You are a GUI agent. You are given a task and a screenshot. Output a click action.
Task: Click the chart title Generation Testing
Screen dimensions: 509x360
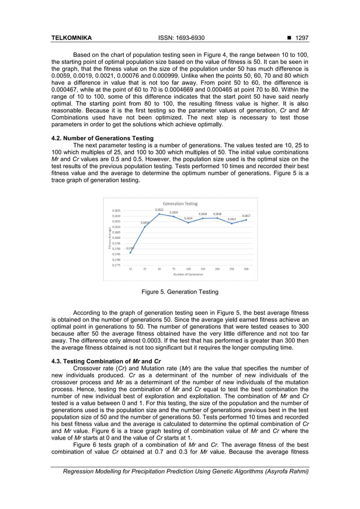point(179,203)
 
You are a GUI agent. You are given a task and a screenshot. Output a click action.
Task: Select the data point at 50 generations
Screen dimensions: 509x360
point(159,214)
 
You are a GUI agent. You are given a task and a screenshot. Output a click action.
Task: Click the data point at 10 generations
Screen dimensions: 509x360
point(130,252)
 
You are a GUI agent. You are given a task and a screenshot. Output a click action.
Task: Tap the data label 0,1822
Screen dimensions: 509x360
point(159,209)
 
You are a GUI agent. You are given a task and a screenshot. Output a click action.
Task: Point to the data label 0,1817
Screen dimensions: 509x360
point(247,216)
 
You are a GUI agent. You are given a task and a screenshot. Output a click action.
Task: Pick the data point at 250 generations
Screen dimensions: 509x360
point(232,223)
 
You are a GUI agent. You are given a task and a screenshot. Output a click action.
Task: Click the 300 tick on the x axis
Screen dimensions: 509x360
point(247,269)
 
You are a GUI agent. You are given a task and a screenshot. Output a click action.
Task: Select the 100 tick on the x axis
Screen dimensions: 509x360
point(188,269)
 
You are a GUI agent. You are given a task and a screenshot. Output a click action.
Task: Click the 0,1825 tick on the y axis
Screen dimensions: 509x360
point(116,210)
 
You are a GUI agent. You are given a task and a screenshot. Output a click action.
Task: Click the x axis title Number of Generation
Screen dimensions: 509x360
point(188,274)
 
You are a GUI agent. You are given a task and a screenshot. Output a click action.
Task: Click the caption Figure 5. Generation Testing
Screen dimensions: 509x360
point(179,292)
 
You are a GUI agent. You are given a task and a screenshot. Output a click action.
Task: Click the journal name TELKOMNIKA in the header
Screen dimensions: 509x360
point(72,38)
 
